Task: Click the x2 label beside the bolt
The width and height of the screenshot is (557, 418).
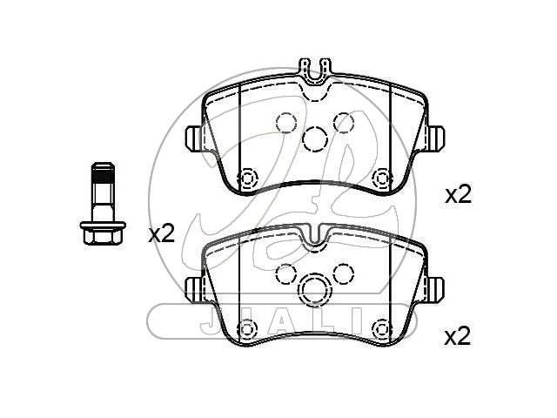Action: pyautogui.click(x=162, y=233)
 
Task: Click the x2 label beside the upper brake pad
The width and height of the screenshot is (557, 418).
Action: pyautogui.click(x=459, y=194)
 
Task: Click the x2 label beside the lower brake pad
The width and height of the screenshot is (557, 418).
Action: pyautogui.click(x=458, y=336)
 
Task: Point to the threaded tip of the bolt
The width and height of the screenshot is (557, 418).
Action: pyautogui.click(x=103, y=172)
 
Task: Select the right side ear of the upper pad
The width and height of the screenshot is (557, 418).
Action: pyautogui.click(x=435, y=138)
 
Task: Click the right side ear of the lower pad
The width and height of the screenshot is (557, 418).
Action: pyautogui.click(x=435, y=290)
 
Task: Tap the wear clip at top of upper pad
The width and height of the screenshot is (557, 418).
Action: pyautogui.click(x=315, y=71)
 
